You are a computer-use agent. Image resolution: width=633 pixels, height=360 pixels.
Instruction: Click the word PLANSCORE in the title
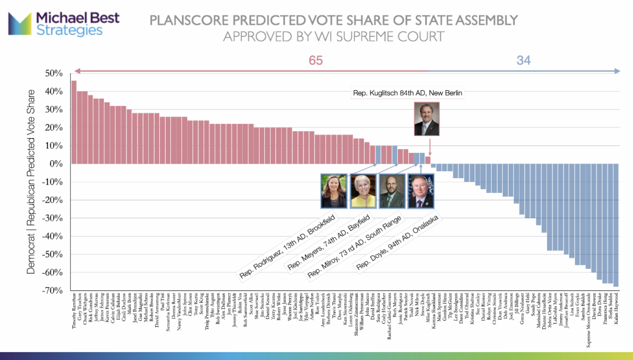pyautogui.click(x=189, y=21)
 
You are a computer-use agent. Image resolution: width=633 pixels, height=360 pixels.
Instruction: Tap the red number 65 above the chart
pyautogui.click(x=315, y=61)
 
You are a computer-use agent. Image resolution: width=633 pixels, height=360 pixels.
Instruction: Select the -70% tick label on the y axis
pyautogui.click(x=54, y=290)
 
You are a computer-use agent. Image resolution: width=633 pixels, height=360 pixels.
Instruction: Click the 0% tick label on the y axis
pyautogui.click(x=58, y=164)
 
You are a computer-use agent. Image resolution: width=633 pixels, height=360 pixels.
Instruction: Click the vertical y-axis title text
pyautogui.click(x=32, y=182)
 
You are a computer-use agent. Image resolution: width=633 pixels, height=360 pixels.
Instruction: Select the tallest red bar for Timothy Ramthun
pyautogui.click(x=74, y=122)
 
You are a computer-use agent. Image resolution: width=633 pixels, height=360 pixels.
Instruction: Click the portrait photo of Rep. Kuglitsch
pyautogui.click(x=427, y=120)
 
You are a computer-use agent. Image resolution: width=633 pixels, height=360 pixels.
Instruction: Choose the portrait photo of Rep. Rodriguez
pyautogui.click(x=334, y=191)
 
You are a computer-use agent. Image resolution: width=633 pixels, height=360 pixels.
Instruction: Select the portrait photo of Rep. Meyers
pyautogui.click(x=363, y=191)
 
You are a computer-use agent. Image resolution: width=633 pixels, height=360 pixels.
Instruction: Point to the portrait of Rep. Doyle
pyautogui.click(x=420, y=191)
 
